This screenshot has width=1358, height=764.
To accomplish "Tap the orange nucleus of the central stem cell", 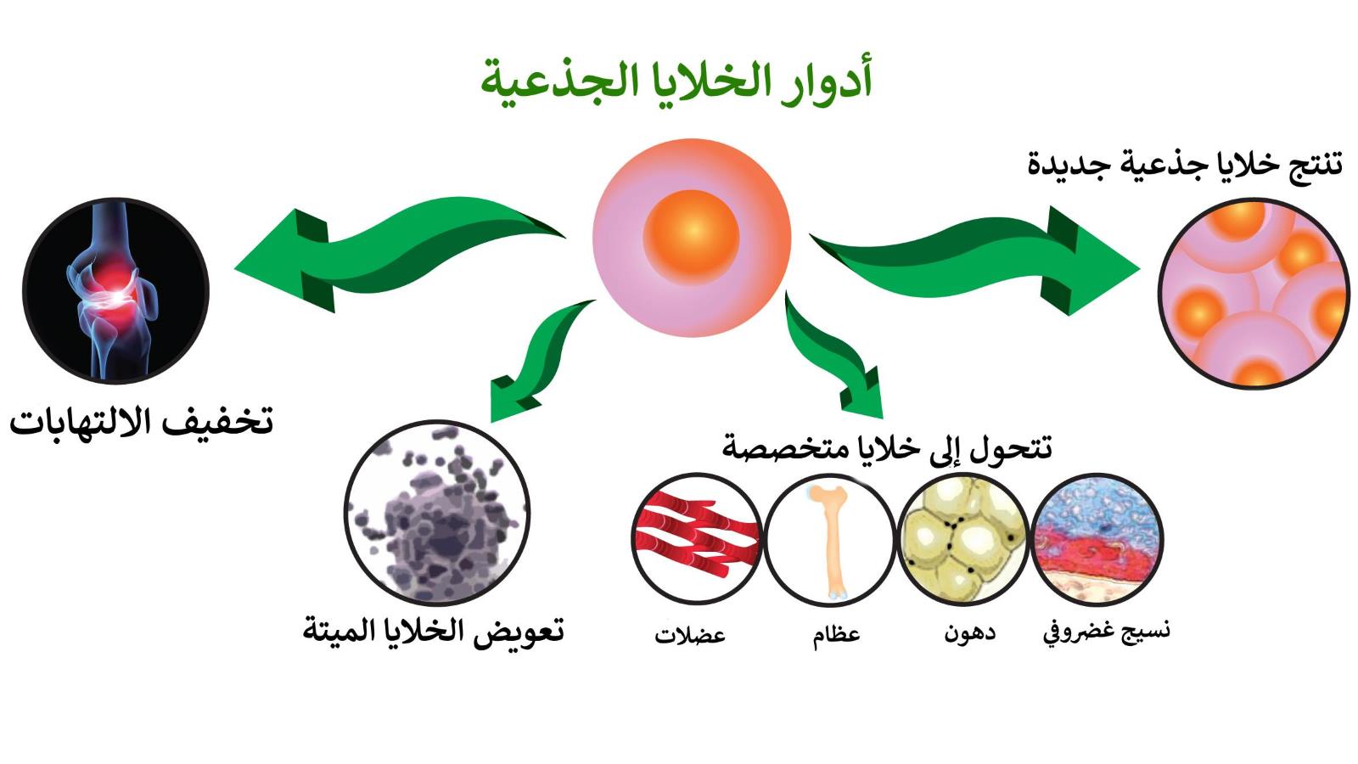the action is point(691,237).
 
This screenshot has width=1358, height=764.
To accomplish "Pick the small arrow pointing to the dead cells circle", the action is point(540,357).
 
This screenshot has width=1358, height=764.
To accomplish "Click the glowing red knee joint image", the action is point(115,290).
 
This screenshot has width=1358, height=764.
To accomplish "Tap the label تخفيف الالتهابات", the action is point(141,421).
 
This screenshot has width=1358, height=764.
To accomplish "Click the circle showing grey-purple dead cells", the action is point(436,513).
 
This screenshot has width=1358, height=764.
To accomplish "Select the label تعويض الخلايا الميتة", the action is point(434,632).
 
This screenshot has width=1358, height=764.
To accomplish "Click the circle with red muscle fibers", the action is point(696,539).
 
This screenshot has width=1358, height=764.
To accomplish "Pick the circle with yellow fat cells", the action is point(962,539).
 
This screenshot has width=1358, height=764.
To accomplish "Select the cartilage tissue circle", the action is point(1097,539).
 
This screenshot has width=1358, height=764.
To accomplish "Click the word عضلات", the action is point(690,636).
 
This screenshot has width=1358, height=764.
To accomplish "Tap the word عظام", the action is point(837,635).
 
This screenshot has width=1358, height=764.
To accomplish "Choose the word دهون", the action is point(969,633).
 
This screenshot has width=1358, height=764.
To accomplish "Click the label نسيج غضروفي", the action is point(1107,632).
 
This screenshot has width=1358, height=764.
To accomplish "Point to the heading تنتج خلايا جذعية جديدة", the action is point(1185,164).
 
